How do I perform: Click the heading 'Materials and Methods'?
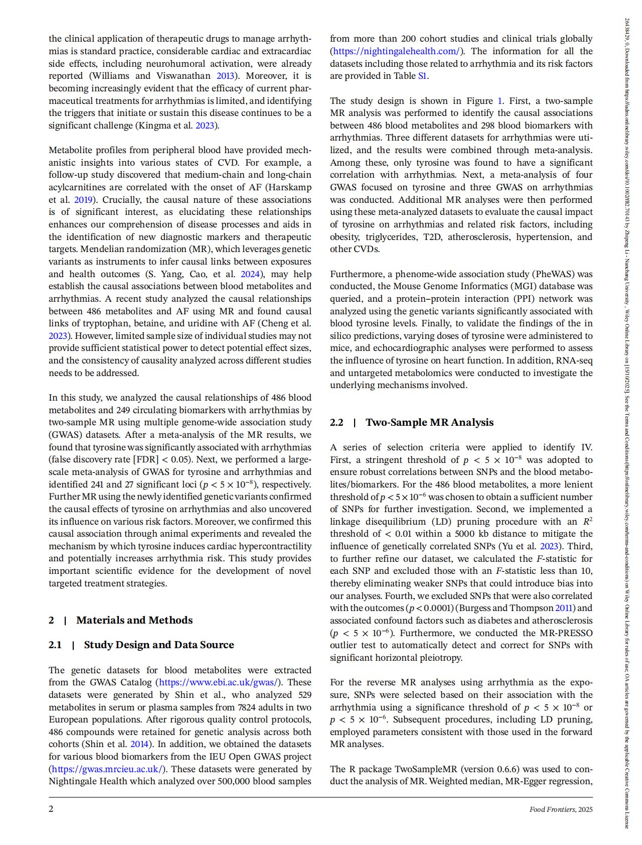coord(134,620)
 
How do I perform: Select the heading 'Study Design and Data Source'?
coord(158,645)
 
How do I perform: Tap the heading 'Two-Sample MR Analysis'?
coord(429,422)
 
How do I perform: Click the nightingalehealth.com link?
coord(396,51)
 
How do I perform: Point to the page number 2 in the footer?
coord(51,809)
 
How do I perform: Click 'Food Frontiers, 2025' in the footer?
coord(561,809)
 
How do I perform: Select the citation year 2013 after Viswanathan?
coord(225,76)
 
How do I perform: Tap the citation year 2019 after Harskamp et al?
coord(84,199)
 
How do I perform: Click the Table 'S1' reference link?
coord(422,76)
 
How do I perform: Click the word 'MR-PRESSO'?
coord(566,633)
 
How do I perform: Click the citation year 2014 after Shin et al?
coord(139,744)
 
